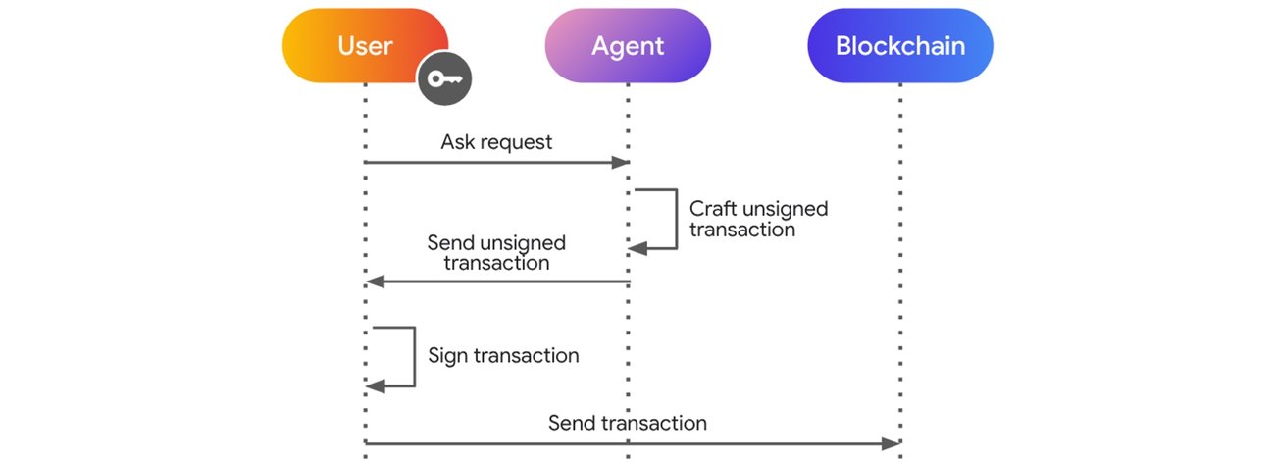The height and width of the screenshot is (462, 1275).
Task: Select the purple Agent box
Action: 628,45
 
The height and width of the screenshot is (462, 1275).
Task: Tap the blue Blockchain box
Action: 899,45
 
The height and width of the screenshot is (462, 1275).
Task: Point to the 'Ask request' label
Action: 496,142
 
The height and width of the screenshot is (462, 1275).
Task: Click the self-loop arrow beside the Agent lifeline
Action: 675,219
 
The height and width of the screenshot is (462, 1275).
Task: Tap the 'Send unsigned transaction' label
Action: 496,252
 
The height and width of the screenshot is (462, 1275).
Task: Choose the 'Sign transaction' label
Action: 503,355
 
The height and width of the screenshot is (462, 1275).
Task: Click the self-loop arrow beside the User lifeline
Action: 412,357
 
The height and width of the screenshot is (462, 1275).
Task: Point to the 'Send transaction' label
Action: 627,423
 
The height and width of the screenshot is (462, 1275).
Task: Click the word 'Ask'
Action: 457,142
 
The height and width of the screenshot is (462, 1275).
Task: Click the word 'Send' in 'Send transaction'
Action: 571,423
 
